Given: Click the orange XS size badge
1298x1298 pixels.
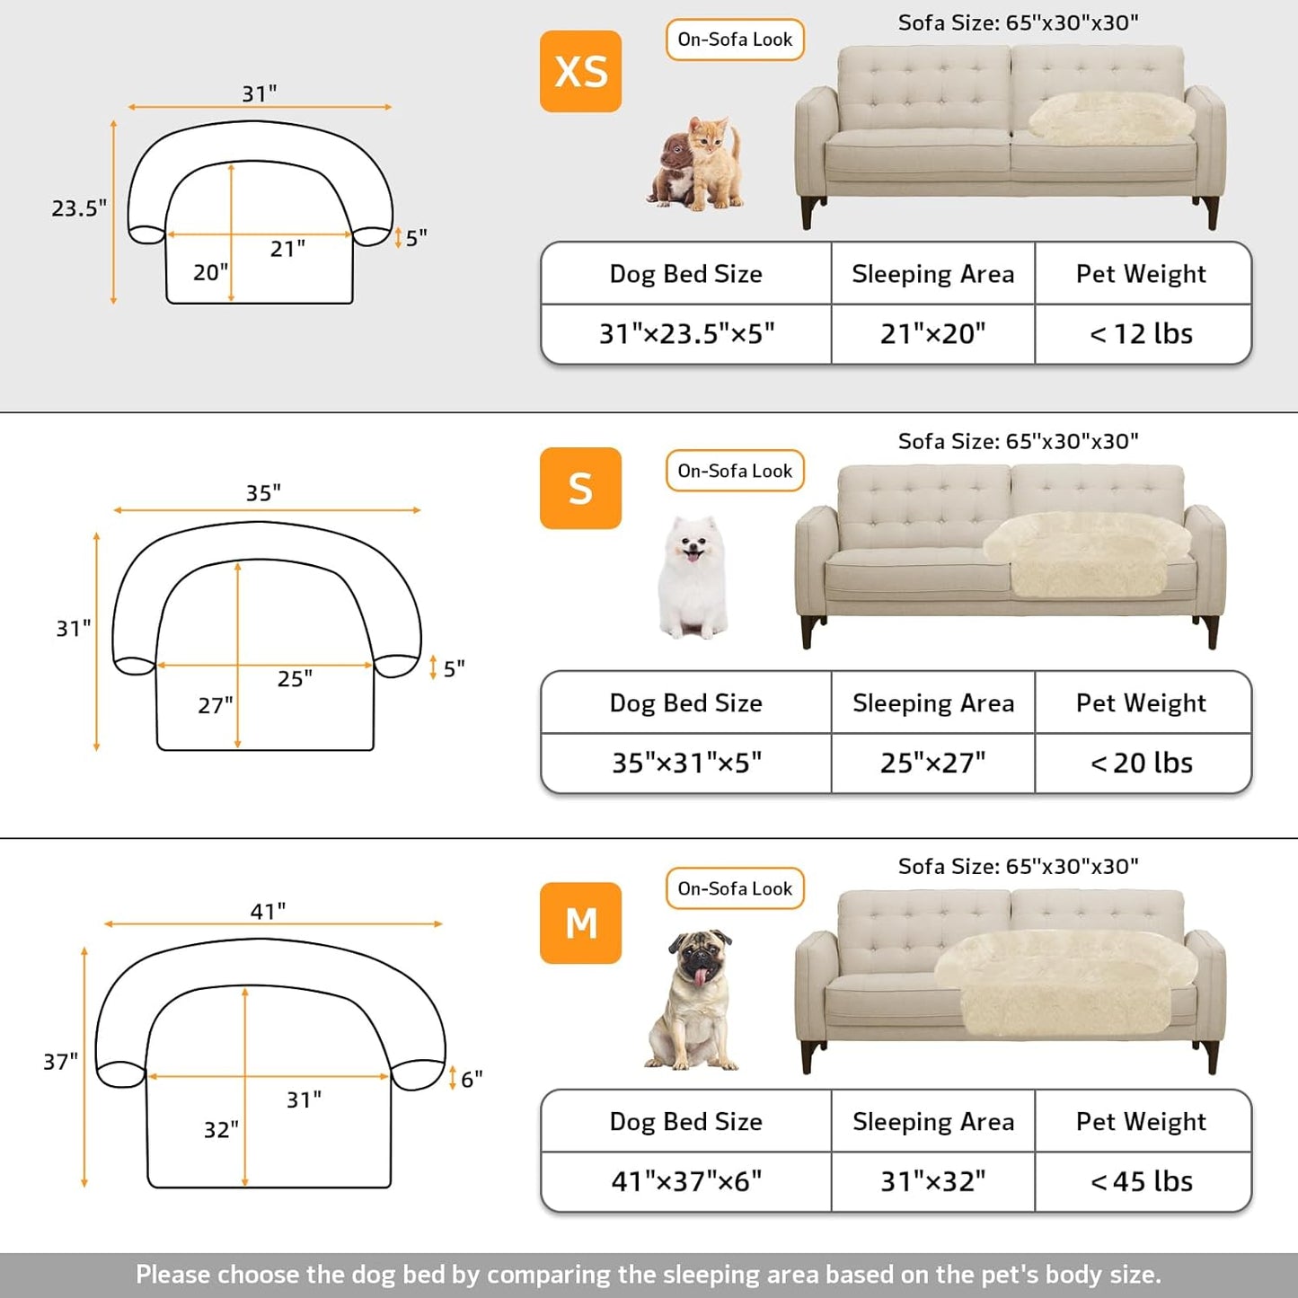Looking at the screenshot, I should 580,72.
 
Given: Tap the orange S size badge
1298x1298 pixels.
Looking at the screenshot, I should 580,489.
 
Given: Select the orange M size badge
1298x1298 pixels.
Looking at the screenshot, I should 580,923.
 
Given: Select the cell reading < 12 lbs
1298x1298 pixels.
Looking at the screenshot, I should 1142,334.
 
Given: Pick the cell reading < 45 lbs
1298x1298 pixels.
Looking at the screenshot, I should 1142,1181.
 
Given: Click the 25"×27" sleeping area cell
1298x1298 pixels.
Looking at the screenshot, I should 932,763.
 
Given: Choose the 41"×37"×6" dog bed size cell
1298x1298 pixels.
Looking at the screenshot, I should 686,1181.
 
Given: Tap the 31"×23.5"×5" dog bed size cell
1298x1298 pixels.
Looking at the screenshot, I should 686,334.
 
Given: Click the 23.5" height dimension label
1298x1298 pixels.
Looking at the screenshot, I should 78,208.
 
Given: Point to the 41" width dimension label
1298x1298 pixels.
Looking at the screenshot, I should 268,911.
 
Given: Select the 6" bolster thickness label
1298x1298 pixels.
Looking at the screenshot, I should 472,1078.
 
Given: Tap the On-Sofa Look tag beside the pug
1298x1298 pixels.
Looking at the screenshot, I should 735,888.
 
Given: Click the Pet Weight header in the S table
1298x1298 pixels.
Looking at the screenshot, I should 1141,702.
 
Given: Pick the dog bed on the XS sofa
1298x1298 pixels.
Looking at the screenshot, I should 1110,117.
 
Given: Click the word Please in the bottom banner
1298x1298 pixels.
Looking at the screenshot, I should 173,1275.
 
